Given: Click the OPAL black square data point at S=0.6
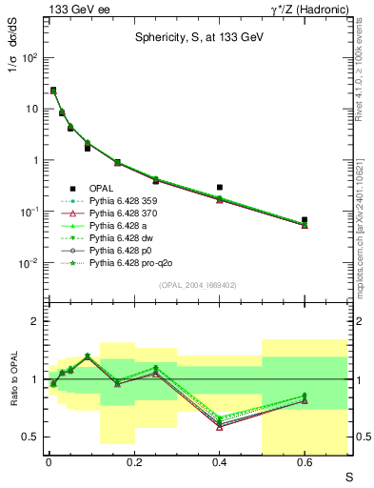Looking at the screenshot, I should pos(305,220).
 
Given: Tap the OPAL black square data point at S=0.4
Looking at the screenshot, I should pos(219,188).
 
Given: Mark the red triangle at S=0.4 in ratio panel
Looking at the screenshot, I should pos(219,427).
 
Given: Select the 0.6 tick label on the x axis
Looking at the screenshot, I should pos(305,463).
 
